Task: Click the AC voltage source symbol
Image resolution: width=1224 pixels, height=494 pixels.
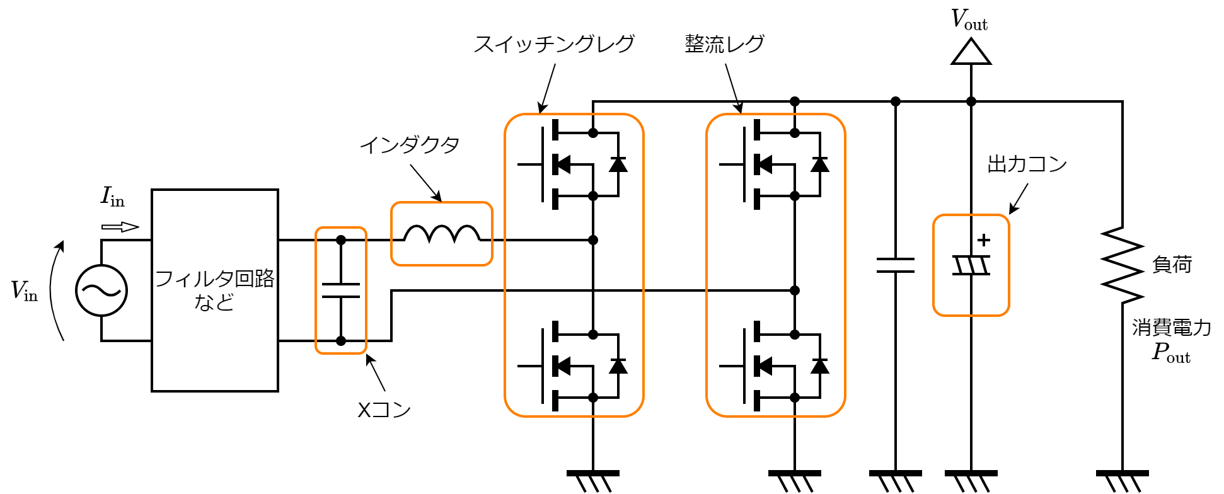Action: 101,290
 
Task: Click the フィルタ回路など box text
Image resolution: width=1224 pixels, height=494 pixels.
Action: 214,290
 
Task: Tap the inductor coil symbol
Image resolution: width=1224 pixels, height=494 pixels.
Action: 441,234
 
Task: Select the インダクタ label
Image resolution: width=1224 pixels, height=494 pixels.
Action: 410,145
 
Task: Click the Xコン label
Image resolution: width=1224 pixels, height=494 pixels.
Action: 384,410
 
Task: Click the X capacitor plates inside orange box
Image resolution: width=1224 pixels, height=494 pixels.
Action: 341,290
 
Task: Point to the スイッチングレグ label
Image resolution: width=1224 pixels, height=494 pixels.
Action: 554,44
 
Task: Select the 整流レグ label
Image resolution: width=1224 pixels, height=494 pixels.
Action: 725,44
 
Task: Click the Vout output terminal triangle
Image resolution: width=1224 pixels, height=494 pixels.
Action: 971,53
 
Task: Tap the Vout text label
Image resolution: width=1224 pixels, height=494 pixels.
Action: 969,21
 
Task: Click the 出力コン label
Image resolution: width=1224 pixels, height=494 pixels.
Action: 1027,164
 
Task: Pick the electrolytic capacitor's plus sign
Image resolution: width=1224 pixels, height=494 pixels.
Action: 984,240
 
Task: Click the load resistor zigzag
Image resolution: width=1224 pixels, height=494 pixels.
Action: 1123,265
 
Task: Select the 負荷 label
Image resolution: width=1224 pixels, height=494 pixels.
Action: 1172,265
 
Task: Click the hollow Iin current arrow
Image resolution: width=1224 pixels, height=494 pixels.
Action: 120,227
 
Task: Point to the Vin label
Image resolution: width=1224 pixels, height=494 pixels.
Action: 24,290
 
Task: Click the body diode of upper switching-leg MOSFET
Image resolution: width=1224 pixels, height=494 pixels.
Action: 618,164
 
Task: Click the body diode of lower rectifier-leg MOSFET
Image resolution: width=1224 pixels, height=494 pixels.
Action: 819,365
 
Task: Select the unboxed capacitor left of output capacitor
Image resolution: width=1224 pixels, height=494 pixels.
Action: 896,265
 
